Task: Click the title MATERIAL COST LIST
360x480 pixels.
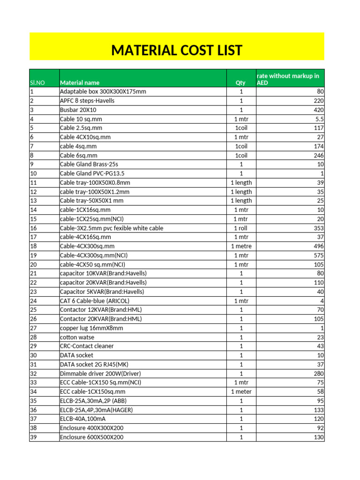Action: click(x=177, y=50)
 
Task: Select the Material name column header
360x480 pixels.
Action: click(x=79, y=82)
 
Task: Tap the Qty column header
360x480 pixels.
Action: click(x=241, y=82)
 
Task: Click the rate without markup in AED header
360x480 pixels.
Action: click(x=288, y=79)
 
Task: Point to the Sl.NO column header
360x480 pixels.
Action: click(x=37, y=82)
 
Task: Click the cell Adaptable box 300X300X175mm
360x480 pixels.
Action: click(x=103, y=91)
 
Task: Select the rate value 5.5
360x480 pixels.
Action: click(x=319, y=119)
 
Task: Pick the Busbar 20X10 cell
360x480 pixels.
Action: click(x=78, y=110)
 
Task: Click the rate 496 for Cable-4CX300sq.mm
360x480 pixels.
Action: click(x=318, y=246)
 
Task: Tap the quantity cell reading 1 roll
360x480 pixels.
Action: click(x=241, y=228)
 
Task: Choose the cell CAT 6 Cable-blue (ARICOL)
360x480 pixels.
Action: click(x=94, y=300)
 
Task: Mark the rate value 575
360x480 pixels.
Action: click(x=318, y=255)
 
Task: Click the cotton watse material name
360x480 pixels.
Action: click(x=77, y=337)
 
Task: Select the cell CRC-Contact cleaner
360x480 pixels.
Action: click(x=87, y=346)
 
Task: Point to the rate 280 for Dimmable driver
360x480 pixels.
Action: click(x=318, y=374)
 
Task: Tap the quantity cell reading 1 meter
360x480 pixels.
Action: click(x=241, y=391)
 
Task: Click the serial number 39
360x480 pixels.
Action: click(x=33, y=437)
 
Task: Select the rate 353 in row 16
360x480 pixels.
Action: click(x=318, y=228)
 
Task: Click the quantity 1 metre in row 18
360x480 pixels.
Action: click(x=241, y=246)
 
